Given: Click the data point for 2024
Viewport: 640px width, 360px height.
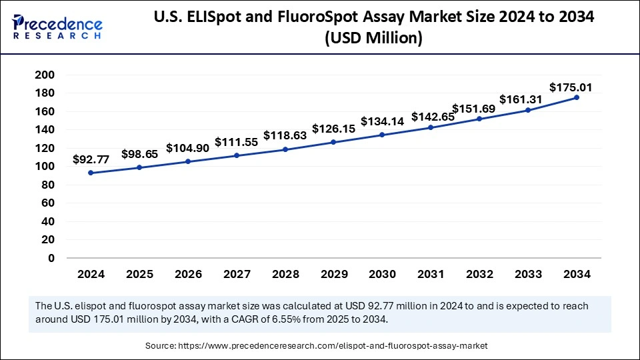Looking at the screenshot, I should (91, 173).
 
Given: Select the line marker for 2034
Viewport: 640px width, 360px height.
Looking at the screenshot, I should (576, 97).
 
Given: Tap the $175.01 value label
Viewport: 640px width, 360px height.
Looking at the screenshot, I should (571, 87).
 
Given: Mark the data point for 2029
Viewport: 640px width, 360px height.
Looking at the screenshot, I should (333, 142).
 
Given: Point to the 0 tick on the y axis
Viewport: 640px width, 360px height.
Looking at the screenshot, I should (51, 258).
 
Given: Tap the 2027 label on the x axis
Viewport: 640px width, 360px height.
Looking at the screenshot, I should (236, 274).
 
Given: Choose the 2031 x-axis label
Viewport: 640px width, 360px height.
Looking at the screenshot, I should (431, 274).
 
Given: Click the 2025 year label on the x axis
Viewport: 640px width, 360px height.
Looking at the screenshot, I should (139, 274).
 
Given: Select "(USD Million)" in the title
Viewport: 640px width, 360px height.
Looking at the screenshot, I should (373, 39).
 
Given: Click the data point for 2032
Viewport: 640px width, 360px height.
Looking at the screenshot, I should (479, 119).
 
